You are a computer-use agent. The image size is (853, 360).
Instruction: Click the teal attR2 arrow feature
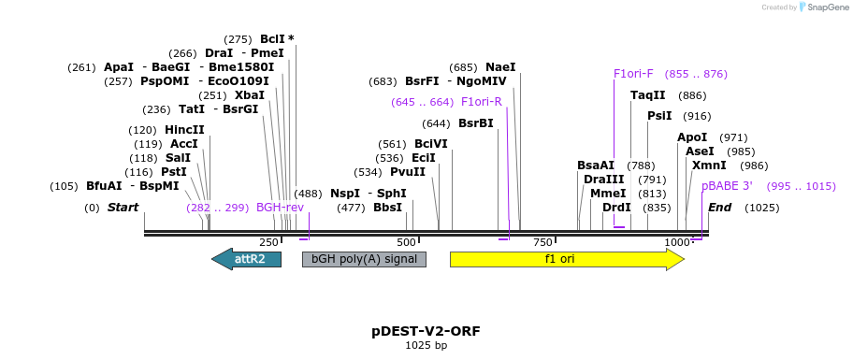[x=247, y=259]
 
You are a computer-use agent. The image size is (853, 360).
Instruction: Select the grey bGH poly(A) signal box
[x=364, y=259]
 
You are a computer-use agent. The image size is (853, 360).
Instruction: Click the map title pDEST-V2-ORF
[x=426, y=331]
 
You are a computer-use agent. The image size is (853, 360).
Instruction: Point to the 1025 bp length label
[x=426, y=346]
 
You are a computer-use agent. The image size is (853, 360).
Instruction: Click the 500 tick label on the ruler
[x=407, y=243]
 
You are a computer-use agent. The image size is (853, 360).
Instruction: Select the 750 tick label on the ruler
[x=542, y=243]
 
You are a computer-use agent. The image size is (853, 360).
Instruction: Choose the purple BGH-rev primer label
[x=280, y=208]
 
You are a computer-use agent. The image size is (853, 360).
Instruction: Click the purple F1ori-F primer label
[x=633, y=74]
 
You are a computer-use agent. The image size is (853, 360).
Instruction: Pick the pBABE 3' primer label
[x=727, y=186]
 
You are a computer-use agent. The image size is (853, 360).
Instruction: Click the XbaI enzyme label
[x=250, y=95]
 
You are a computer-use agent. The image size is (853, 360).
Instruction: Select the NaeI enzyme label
[x=500, y=67]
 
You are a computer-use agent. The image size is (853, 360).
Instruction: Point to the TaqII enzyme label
[x=647, y=95]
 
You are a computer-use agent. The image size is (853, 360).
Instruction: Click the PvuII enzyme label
[x=408, y=172]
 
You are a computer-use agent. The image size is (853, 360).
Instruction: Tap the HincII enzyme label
[x=184, y=130]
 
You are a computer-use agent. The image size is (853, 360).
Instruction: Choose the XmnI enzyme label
[x=709, y=166]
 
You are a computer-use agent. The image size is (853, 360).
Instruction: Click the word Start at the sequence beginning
[x=123, y=208]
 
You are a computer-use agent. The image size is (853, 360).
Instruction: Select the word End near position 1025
[x=720, y=208]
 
